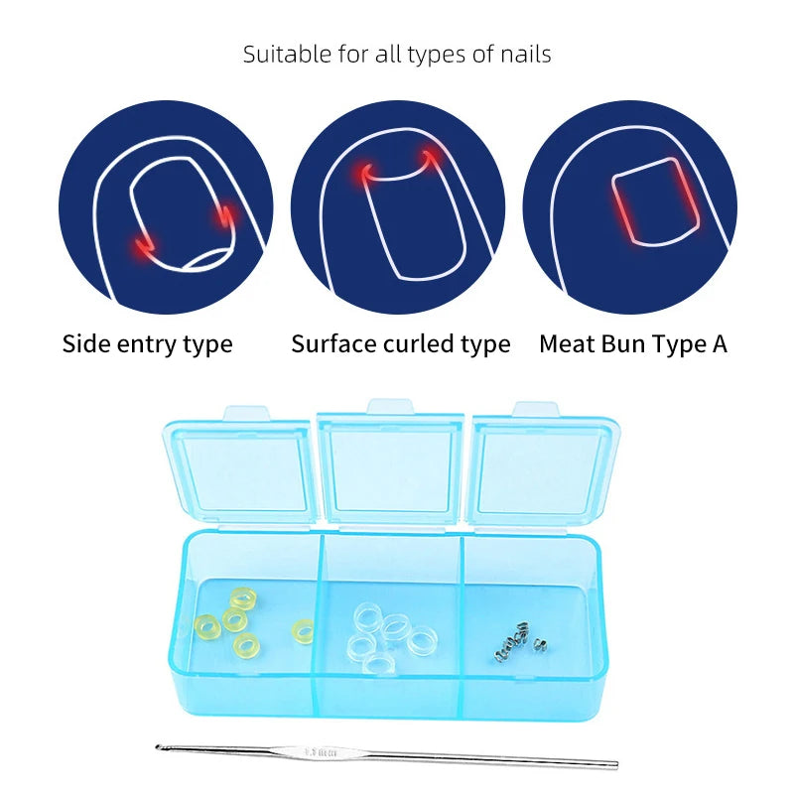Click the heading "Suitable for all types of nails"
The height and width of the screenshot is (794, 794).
[397, 54]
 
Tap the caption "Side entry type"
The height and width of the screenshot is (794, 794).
[147, 344]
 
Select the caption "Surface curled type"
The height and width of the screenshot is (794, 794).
[400, 344]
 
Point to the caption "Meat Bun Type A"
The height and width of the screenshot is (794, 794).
[633, 344]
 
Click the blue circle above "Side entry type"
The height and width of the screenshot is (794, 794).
[165, 208]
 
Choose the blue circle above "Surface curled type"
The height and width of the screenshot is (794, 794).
[397, 208]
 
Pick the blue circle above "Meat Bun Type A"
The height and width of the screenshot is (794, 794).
[630, 208]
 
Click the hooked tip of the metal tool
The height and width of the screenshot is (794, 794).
[159, 746]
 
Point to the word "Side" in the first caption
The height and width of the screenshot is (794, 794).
[85, 344]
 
